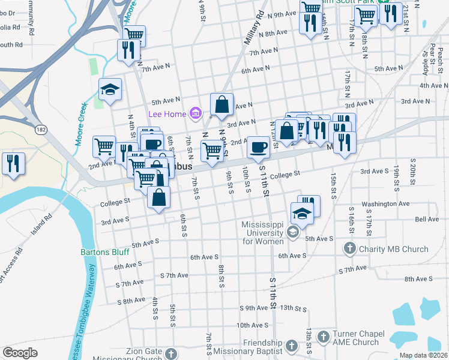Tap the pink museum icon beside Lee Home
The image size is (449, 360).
click(195, 113)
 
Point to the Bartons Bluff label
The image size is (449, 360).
click(104, 252)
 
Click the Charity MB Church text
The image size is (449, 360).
click(393, 249)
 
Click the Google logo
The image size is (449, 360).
click(20, 353)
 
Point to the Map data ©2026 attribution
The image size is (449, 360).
click(423, 355)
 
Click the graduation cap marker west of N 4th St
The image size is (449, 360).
click(110, 89)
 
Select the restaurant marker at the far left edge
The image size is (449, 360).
click(12, 163)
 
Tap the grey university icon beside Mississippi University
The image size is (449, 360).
click(293, 232)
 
